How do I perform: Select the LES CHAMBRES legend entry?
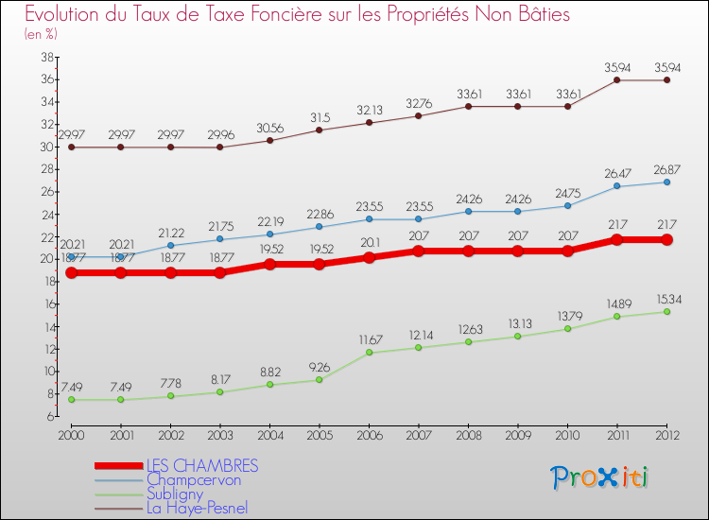(x=201, y=466)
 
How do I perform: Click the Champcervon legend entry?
(x=193, y=480)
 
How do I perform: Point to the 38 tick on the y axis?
(x=45, y=57)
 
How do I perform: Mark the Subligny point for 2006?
(x=369, y=353)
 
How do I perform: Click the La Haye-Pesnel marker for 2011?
(x=616, y=80)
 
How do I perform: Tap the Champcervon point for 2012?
(x=666, y=182)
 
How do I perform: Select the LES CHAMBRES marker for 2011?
(x=616, y=240)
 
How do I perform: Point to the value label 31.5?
(x=320, y=116)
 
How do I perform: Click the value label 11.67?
(x=369, y=338)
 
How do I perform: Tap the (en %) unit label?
(x=41, y=34)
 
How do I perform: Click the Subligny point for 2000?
(x=71, y=400)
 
